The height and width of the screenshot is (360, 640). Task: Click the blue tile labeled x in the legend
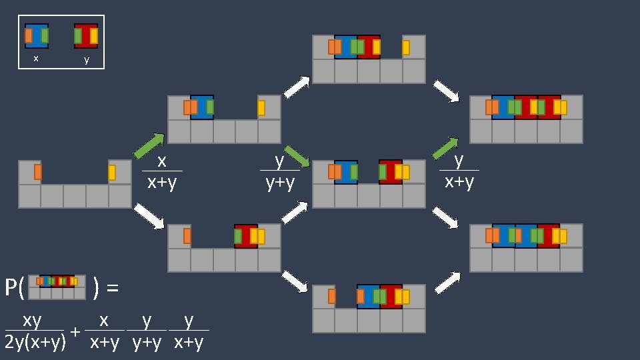click(x=37, y=35)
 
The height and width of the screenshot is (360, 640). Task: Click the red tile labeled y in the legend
click(x=86, y=35)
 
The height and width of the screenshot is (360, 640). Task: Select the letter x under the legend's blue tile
click(x=36, y=59)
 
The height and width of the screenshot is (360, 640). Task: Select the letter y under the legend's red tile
click(x=86, y=59)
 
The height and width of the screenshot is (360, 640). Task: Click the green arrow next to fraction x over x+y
click(x=149, y=146)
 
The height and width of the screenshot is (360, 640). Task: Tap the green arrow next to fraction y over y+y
click(x=297, y=157)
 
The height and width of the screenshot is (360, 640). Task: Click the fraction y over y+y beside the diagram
click(x=280, y=171)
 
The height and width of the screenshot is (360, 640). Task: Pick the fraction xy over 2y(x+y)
click(x=35, y=331)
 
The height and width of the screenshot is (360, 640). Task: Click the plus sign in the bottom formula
click(x=76, y=331)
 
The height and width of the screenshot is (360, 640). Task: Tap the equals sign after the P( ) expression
click(x=113, y=288)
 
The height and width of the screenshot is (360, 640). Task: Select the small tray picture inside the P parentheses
click(x=57, y=287)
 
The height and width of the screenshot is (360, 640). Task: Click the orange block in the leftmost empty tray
click(x=38, y=172)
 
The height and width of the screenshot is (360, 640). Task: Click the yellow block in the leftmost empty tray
click(x=112, y=173)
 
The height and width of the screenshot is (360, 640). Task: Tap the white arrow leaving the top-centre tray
click(x=446, y=91)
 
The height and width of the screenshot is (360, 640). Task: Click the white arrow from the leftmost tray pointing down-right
click(x=149, y=217)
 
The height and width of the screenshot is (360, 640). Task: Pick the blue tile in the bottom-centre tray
click(x=369, y=297)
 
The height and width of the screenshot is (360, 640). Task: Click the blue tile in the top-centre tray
click(x=346, y=47)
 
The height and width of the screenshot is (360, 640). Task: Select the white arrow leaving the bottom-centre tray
click(x=448, y=282)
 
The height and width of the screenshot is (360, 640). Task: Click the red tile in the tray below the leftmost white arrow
click(x=246, y=236)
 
